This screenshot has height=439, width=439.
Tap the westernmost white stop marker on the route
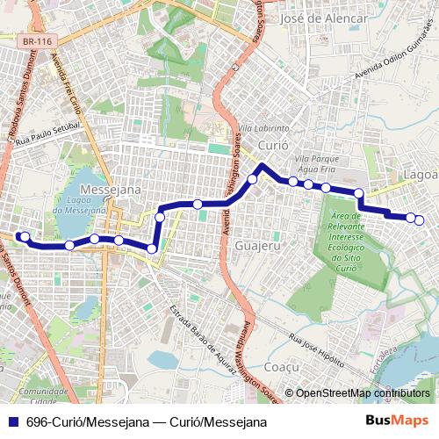point(25,236)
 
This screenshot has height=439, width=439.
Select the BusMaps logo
point(397,421)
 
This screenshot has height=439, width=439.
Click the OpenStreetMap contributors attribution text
point(363,393)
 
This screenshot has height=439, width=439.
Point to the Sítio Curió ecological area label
point(355,241)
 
